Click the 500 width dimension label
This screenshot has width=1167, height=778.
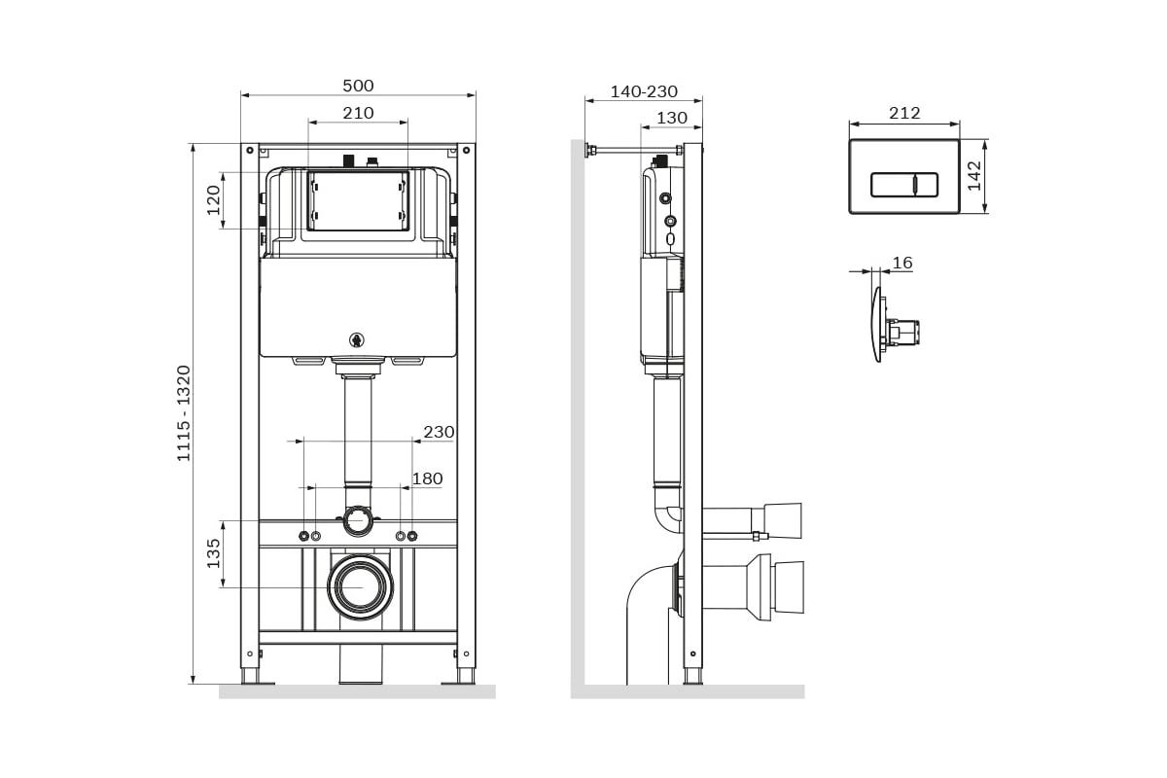[358, 86]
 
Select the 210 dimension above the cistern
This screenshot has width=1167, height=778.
[358, 113]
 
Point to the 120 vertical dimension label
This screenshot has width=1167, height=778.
[214, 200]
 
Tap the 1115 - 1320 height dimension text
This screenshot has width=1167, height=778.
[184, 413]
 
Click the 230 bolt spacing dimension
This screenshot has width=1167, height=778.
[439, 432]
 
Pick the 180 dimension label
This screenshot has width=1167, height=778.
[427, 478]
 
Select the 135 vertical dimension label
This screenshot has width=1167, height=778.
[214, 553]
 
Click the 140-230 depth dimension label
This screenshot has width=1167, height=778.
[644, 91]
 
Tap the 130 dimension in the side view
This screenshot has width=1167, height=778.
[672, 119]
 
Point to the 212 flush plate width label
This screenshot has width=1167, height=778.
[904, 113]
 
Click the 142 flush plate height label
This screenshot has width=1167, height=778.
[974, 176]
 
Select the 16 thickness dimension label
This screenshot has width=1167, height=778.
[902, 263]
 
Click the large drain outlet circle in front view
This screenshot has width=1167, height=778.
[360, 586]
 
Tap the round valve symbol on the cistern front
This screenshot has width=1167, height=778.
[356, 340]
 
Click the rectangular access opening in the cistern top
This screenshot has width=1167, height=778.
[358, 201]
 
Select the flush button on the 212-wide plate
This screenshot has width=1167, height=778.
[904, 186]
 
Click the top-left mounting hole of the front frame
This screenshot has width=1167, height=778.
[250, 150]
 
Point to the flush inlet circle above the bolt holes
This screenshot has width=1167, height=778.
[358, 520]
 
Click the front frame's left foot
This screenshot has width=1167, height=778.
[250, 677]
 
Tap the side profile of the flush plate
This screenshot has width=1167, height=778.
[877, 324]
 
